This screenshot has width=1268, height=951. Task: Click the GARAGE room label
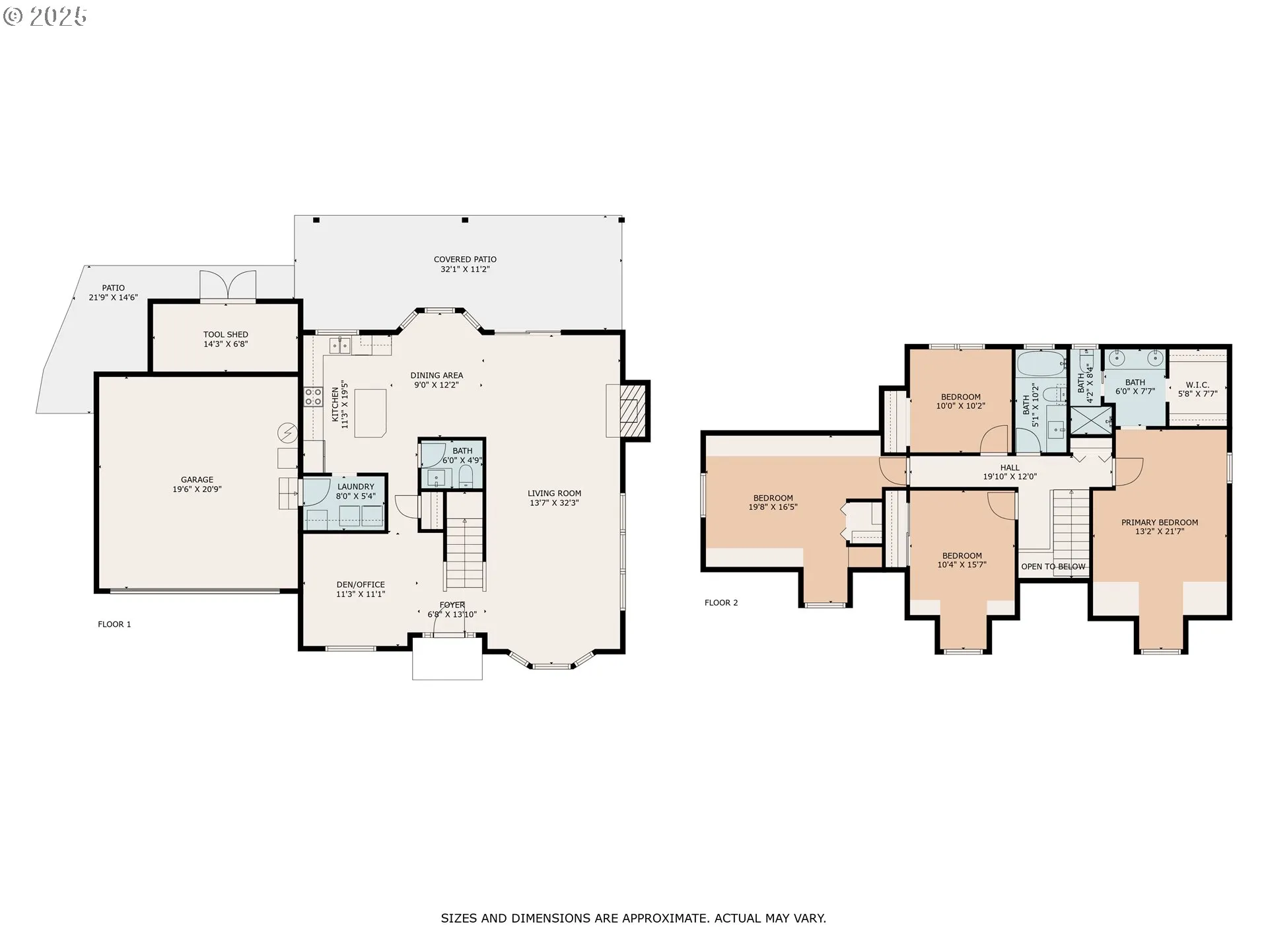[197, 480]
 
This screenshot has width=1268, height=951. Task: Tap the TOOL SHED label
[225, 335]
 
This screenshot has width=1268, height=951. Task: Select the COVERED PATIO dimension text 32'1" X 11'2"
[465, 269]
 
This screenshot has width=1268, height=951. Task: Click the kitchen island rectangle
[370, 413]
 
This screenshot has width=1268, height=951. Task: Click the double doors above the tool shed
[227, 285]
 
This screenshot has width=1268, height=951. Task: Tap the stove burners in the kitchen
[313, 396]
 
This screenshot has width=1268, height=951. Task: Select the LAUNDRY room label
[355, 487]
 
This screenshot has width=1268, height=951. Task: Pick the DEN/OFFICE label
[360, 584]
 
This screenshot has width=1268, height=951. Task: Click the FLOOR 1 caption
[114, 624]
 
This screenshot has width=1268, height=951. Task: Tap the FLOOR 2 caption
[721, 602]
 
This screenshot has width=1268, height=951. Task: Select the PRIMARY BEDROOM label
[1159, 522]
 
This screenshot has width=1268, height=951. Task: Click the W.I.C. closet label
[1197, 385]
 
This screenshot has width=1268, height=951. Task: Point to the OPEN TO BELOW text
[1053, 567]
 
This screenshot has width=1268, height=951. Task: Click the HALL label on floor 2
[1009, 468]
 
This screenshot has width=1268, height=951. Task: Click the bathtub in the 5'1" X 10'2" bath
[1040, 362]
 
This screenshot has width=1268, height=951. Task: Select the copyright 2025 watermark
[45, 16]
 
